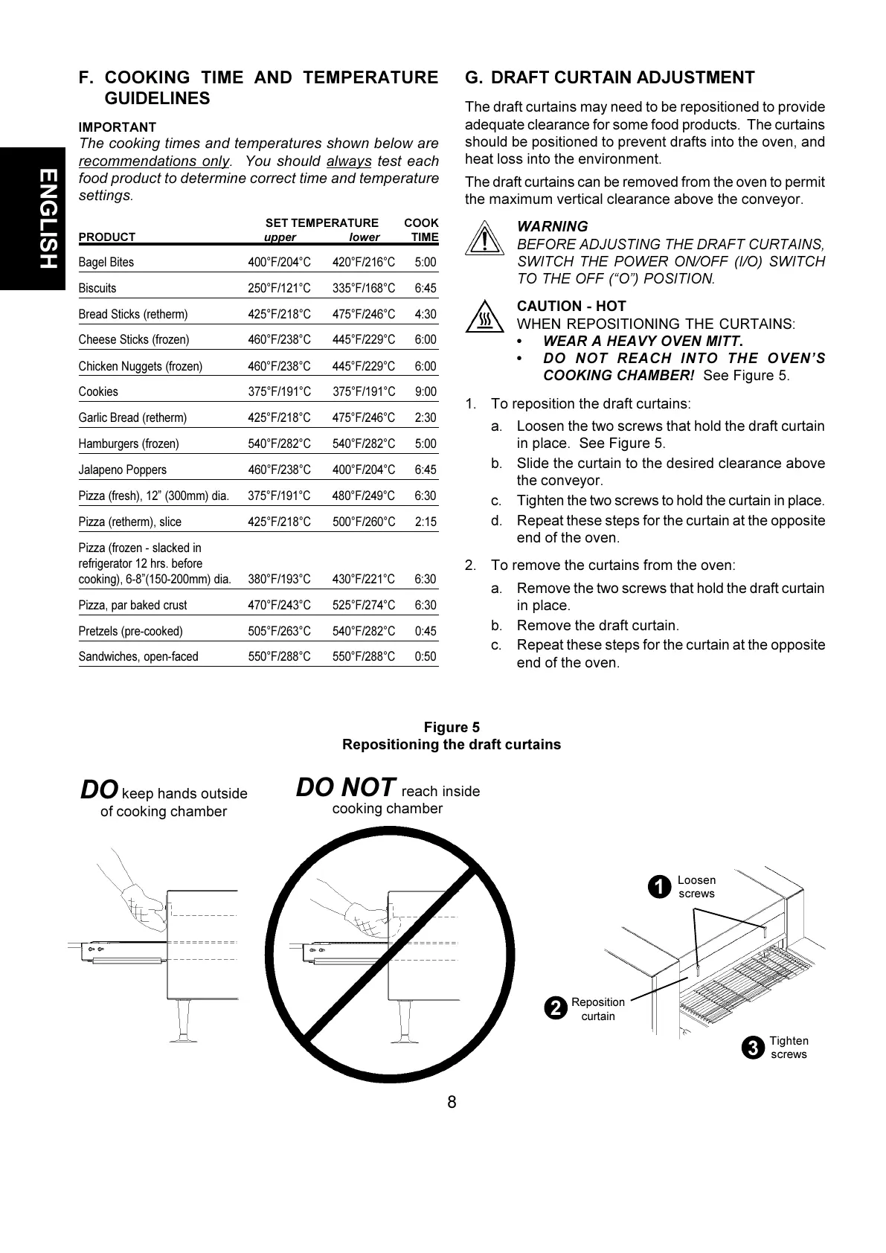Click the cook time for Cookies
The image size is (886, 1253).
click(425, 391)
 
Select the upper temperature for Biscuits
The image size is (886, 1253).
click(279, 288)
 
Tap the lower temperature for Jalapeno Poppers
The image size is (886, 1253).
click(364, 470)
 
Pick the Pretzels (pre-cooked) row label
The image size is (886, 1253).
click(130, 631)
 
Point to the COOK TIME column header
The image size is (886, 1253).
click(422, 230)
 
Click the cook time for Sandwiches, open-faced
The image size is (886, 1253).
click(425, 656)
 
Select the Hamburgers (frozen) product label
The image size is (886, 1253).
click(129, 443)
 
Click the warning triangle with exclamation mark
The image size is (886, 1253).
click(484, 239)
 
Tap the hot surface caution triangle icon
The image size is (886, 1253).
click(484, 318)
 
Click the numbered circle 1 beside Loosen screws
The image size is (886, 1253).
click(658, 887)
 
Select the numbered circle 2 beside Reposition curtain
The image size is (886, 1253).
click(554, 1009)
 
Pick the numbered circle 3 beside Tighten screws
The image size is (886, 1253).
click(753, 1048)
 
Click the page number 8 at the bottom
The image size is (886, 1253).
click(452, 1102)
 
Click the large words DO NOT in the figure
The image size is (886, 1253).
click(345, 787)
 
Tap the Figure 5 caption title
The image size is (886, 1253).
click(452, 728)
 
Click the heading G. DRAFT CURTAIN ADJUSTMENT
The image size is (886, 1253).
click(609, 77)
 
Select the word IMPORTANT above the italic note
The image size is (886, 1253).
click(118, 127)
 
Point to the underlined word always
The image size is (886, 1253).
click(349, 161)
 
